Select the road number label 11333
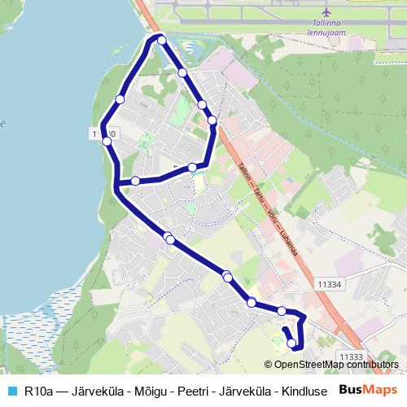tap(351, 356)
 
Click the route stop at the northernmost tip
tap(162, 40)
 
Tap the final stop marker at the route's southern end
tap(292, 344)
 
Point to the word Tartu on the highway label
tap(259, 199)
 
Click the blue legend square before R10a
tap(11, 390)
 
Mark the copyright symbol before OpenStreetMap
tap(269, 365)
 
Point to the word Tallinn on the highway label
tap(244, 173)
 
